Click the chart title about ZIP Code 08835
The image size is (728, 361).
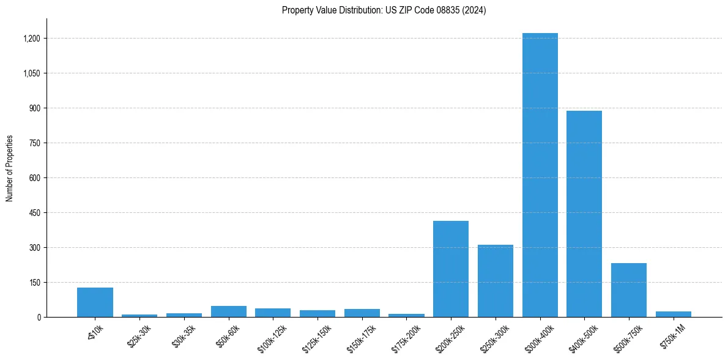tap(384, 10)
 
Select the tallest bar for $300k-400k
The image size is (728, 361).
tap(540, 175)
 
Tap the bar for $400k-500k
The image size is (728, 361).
tap(584, 214)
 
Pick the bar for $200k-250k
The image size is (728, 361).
tap(451, 269)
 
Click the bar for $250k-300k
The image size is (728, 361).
tap(496, 281)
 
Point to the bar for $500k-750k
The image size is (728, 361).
tap(629, 290)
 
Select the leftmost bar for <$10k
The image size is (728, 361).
tap(95, 302)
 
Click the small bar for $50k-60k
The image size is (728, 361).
tap(229, 311)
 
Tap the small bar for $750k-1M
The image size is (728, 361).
tap(673, 314)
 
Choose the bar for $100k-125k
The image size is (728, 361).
tap(273, 313)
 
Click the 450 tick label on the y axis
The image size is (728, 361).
tap(35, 213)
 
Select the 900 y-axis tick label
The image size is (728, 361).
tap(35, 108)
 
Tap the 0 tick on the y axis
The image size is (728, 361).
tap(39, 317)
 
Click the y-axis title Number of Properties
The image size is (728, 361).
tap(10, 168)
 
